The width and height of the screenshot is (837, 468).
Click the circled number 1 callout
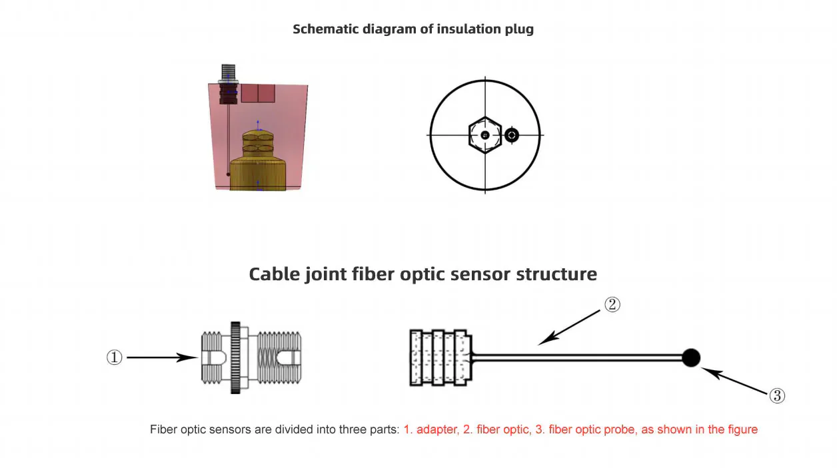[x=115, y=357]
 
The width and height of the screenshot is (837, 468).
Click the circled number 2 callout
[x=612, y=304]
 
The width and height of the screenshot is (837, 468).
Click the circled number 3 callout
[x=777, y=396]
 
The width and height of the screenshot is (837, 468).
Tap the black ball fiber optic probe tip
[x=691, y=358]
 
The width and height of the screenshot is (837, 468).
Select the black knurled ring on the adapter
[x=235, y=357]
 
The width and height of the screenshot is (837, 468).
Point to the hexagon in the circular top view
[x=485, y=135]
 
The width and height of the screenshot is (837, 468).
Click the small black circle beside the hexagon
[x=512, y=135]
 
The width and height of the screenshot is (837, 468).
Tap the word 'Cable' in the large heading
[x=275, y=274]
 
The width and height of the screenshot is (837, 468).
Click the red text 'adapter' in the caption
[x=437, y=429]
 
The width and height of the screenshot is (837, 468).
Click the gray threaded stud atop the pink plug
[x=229, y=73]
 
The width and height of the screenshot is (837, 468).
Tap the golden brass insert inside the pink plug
[x=258, y=160]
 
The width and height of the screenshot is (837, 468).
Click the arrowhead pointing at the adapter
[x=187, y=357]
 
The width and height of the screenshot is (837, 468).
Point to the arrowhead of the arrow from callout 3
[x=711, y=372]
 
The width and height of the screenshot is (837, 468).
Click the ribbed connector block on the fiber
[x=441, y=357]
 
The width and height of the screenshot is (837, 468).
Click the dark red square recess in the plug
[x=258, y=93]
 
